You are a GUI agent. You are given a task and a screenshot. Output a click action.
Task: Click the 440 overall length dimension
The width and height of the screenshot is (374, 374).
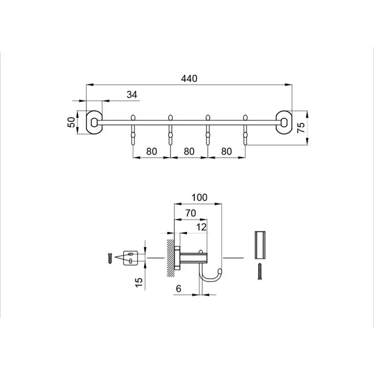coord(189,78)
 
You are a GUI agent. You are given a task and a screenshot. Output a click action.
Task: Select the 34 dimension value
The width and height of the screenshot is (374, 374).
coord(132,95)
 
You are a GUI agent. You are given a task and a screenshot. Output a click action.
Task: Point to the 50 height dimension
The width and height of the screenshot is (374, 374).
coord(71,122)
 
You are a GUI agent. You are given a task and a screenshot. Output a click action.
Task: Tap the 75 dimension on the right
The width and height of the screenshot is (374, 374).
coord(302,128)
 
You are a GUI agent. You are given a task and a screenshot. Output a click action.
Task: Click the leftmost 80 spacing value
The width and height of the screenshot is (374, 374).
coord(151,151)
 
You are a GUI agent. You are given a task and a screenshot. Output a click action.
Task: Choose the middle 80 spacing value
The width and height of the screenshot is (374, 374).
coord(189,151)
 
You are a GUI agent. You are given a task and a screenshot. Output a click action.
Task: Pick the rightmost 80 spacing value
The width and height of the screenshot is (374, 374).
coord(226,151)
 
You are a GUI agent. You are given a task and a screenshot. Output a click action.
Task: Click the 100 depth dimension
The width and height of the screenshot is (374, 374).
coord(199,197)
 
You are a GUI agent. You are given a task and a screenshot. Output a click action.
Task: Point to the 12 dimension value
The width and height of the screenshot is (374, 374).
coord(201,227)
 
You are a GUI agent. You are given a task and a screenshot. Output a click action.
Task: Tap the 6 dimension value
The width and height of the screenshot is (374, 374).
coord(178,288)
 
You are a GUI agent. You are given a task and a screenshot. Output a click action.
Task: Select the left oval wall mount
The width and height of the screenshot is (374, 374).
coord(94,122)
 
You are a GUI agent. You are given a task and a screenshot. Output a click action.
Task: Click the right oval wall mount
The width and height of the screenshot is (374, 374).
coord(284,122)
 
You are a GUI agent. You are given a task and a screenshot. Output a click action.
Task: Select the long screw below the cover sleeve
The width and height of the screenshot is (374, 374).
coord(260,271)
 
